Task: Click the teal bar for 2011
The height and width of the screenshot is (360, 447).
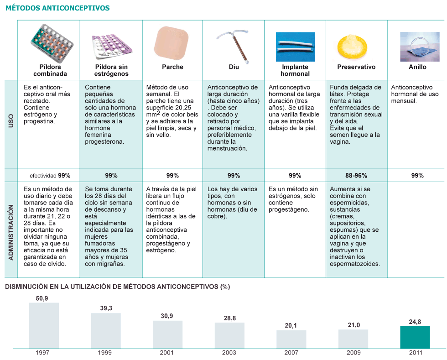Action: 415,337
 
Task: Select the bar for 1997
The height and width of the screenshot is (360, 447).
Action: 44,325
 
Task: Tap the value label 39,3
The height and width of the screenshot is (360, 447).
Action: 106,308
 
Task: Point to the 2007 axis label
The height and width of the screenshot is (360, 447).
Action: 291,353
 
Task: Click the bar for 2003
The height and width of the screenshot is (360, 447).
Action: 229,335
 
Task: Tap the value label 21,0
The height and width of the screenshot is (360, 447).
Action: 354,325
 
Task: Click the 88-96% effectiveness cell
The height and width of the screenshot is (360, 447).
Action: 356,175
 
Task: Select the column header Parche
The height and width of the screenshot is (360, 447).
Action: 172,67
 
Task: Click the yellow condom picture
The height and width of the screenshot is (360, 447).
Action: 352,47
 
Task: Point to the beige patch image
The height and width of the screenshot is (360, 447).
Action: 172,43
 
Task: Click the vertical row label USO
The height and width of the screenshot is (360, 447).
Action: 11,120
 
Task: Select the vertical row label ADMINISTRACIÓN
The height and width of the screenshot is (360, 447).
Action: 11,233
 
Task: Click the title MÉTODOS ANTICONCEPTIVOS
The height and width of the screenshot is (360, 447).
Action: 57,8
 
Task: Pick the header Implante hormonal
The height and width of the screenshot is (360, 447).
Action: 295,70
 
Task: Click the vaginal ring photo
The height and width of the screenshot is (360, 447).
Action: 420,47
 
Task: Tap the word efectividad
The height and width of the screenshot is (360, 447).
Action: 43,176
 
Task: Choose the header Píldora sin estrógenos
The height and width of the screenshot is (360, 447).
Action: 111,70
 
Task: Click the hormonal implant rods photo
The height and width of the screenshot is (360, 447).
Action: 296,47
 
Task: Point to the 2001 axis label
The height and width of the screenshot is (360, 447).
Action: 167,353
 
